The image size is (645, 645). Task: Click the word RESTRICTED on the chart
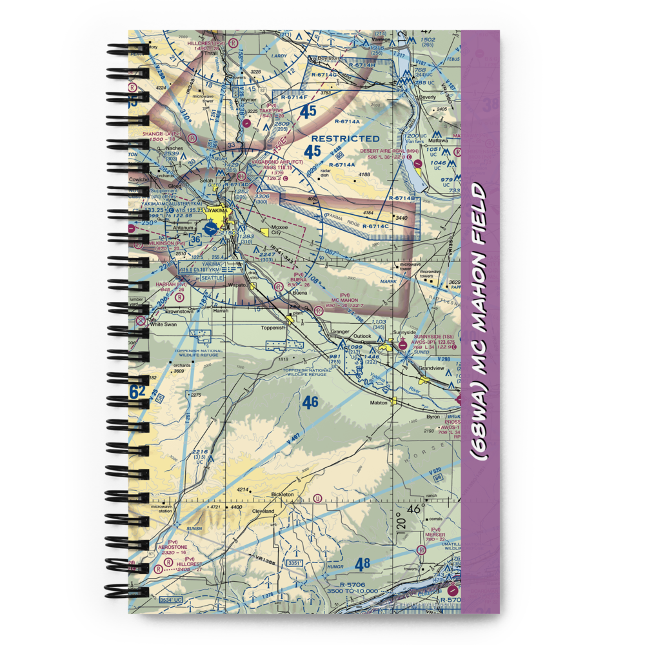pyautogui.click(x=345, y=138)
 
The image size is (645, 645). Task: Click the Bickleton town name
pyautogui.click(x=283, y=494)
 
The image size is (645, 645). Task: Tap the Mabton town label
pyautogui.click(x=379, y=402)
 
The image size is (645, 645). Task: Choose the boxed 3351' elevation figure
pyautogui.click(x=295, y=563)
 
